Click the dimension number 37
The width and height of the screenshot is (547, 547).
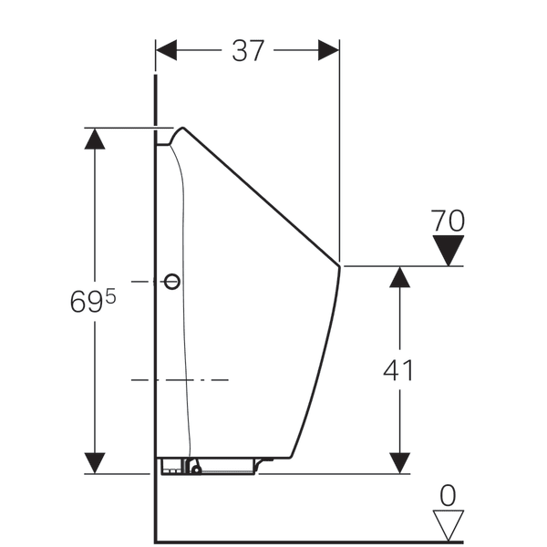248,51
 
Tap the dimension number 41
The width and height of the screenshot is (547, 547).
398,369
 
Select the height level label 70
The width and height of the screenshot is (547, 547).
448,221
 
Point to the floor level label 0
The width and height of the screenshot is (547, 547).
448,495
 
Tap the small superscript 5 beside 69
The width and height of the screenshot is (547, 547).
110,297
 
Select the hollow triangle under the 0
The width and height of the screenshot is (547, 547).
449,525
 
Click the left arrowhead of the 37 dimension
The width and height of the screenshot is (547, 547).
167,50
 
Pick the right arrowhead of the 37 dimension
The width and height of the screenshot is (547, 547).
328,50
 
